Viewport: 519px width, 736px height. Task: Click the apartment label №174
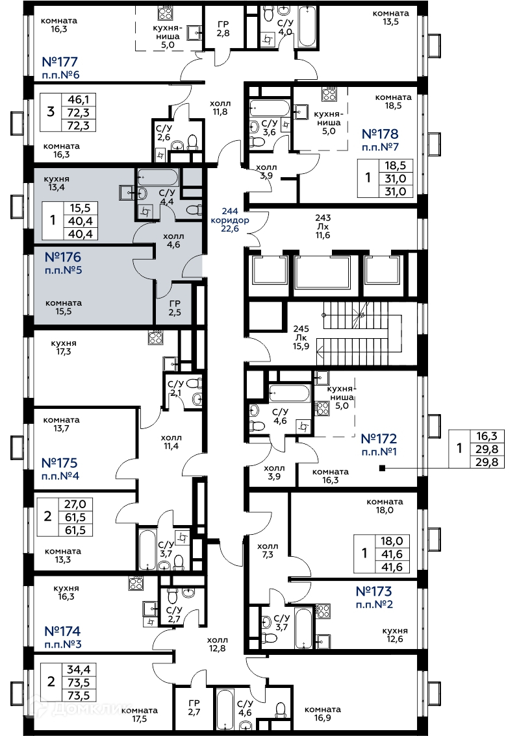click(63, 630)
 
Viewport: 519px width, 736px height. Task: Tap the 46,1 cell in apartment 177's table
click(82, 99)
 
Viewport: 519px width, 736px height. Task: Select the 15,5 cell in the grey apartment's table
click(82, 208)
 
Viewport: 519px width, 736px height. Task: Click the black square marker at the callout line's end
click(382, 468)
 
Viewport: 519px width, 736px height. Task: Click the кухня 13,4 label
click(56, 184)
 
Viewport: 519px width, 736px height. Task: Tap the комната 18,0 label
click(385, 506)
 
